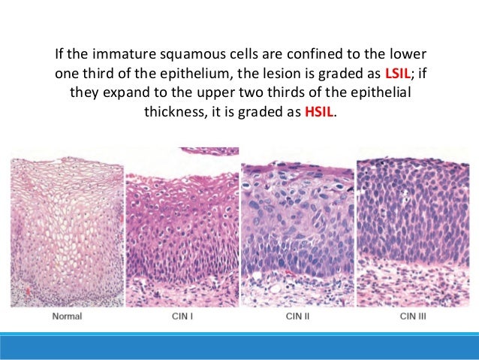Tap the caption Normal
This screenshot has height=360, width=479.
tap(66, 316)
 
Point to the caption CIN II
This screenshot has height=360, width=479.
tap(297, 316)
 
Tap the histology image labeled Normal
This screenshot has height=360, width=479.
tap(66, 229)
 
